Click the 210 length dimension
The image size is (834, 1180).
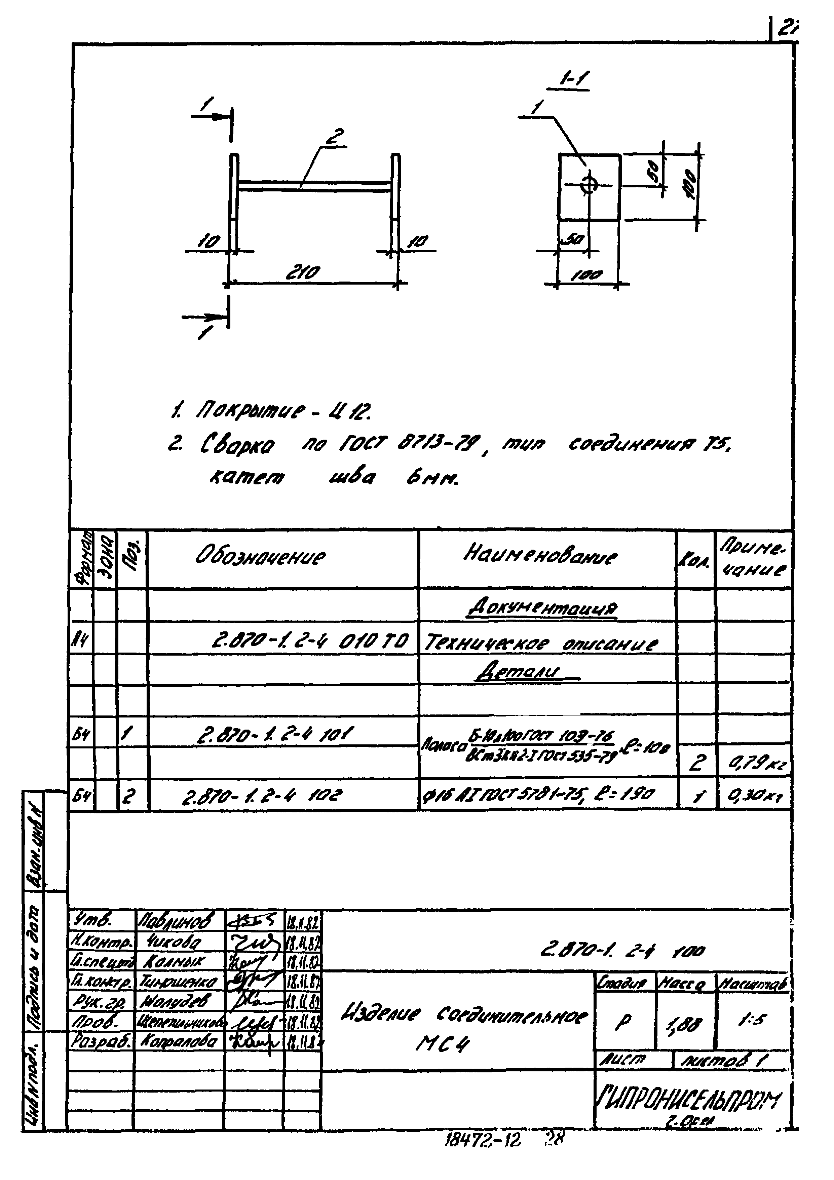[x=304, y=272]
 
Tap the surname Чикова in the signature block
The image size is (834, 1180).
[x=167, y=942]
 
